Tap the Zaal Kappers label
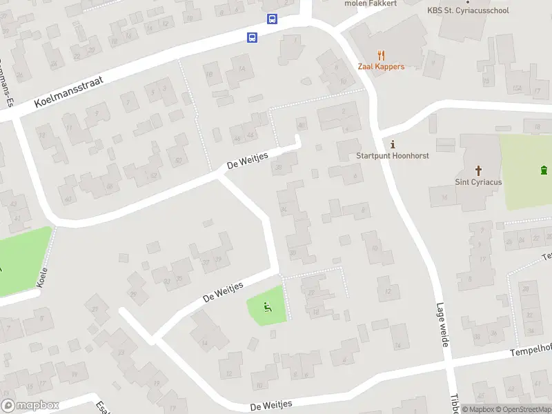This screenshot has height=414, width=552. pos(381,67)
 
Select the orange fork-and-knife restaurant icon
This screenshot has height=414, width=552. pos(381,55)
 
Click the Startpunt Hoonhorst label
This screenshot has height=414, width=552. pos(393,156)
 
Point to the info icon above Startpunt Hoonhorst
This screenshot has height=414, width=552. pos(393,144)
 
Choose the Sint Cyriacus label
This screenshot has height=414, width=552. pos(478,182)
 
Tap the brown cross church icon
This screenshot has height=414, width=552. pos(478,170)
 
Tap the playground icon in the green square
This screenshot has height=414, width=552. pos(266,307)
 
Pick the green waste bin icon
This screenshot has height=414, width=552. pos(544,170)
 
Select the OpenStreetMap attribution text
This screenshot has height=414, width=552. pos(523,409)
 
